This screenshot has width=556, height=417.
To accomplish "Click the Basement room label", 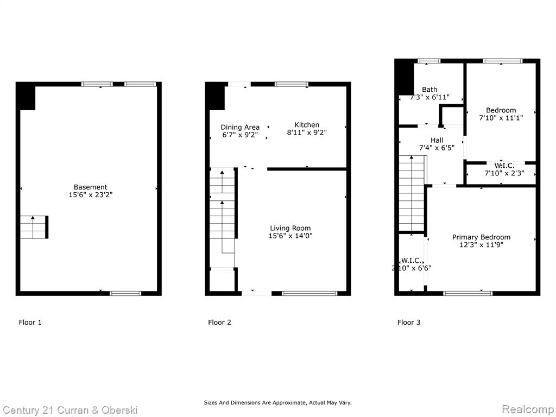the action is coord(91,187).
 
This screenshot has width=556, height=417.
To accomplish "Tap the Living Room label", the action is coord(290,229).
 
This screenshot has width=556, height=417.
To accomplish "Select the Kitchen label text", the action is coord(307,125).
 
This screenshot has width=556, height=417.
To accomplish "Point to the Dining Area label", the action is coord(240,127).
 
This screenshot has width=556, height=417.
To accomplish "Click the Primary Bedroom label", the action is coord(481,237).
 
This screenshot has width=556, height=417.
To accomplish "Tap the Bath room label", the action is coord(429,90).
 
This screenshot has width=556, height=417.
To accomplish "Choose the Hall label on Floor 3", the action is coord(437,141).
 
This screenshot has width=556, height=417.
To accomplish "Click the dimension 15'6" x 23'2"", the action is coord(91,195).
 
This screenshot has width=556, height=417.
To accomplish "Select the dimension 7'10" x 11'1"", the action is coord(501,118).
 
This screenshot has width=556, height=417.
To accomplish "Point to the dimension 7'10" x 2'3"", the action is coord(504,173).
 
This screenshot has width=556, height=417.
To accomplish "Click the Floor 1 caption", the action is coord(30,323).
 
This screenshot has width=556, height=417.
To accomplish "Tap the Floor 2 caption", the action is coord(219,323).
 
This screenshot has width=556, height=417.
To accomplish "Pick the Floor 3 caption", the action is coord(409,323).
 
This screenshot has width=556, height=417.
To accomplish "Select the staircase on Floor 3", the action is coord(412,194).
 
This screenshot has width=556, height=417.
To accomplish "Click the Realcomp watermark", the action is coord(528,409).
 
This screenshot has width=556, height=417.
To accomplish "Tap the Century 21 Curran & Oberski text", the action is coord(70,410).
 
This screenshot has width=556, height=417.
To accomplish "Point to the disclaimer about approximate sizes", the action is coord(277,402).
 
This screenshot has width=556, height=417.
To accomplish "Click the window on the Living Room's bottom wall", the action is coord(310,293).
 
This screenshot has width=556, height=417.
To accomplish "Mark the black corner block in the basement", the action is coord(26,97).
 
